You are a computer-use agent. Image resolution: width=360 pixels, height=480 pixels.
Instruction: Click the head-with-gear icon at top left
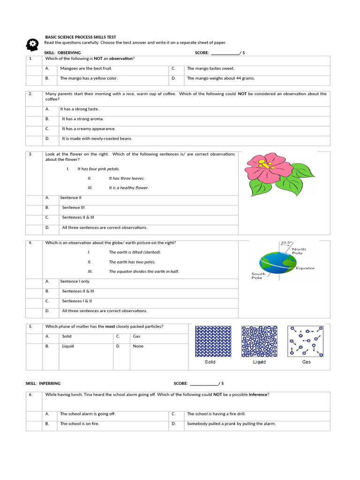pyautogui.click(x=32, y=45)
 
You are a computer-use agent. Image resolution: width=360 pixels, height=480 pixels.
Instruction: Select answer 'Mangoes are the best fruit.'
pyautogui.click(x=86, y=68)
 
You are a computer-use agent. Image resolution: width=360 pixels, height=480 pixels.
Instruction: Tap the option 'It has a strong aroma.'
pyautogui.click(x=83, y=119)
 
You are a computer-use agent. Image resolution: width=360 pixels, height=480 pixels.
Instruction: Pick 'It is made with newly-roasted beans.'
pyautogui.click(x=97, y=139)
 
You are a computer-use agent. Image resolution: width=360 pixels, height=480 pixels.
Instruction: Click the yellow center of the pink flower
pyautogui.click(x=265, y=165)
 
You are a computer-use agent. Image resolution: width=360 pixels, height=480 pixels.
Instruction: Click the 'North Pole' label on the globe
pyautogui.click(x=299, y=251)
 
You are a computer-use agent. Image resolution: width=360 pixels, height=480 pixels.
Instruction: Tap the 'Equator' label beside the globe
pyautogui.click(x=305, y=268)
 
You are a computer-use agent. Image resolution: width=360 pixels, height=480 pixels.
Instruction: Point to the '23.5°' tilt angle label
pyautogui.click(x=286, y=243)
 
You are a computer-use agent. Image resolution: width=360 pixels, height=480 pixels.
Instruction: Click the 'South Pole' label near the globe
pyautogui.click(x=258, y=276)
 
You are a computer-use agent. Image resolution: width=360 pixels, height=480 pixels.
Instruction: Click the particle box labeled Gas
pyautogui.click(x=306, y=342)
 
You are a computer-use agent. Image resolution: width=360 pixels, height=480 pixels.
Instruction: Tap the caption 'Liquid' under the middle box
pyautogui.click(x=259, y=362)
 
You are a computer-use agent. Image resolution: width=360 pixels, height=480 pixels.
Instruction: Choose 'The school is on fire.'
pyautogui.click(x=80, y=424)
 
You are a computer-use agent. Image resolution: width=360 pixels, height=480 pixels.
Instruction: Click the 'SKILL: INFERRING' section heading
pyautogui.click(x=43, y=383)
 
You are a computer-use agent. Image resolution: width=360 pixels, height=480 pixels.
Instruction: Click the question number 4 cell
pyautogui.click(x=31, y=243)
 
